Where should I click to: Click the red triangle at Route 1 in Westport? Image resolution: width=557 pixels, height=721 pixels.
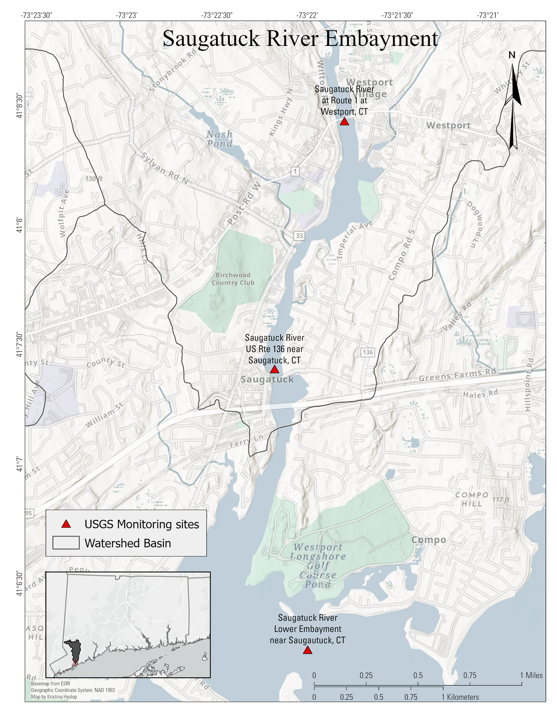point(344,121)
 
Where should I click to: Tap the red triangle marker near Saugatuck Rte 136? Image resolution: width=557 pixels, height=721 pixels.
point(274,369)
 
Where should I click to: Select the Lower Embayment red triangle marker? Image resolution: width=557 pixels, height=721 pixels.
point(307,650)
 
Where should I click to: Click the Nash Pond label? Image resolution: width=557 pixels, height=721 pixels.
point(220,139)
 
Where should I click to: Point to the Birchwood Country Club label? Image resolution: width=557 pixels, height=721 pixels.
point(233,279)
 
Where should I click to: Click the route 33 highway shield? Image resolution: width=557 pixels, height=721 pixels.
point(299,236)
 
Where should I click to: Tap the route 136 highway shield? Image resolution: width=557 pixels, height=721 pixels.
point(367,352)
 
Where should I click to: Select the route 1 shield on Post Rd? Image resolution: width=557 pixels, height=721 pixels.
point(295,171)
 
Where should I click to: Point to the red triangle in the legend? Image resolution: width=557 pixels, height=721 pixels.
point(66,524)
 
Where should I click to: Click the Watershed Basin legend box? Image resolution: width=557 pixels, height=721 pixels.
point(66,543)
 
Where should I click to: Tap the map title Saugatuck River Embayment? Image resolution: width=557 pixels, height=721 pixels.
point(300,38)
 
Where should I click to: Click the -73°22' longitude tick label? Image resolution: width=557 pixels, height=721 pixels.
point(307,15)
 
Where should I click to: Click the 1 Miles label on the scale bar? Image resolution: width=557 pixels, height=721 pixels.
point(531,676)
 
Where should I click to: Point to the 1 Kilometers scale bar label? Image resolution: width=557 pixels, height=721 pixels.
point(460,697)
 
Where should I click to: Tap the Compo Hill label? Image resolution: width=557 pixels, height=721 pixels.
point(472,499)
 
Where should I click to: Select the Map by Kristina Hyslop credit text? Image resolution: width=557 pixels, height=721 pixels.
point(54,697)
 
